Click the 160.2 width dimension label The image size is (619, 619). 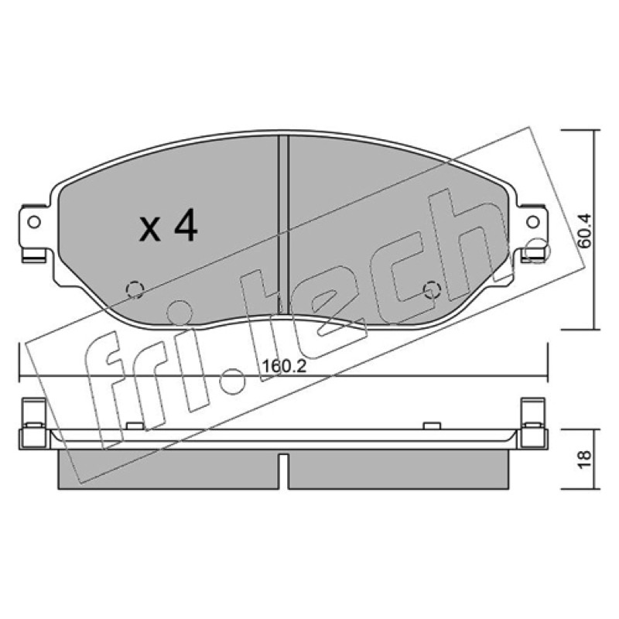tap(284, 366)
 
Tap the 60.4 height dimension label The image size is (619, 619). tap(584, 231)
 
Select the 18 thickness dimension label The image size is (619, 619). tap(584, 460)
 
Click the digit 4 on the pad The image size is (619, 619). tap(185, 225)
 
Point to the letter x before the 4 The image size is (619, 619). tap(150, 231)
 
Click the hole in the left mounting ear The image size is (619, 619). tap(34, 222)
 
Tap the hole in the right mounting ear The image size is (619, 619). tap(533, 222)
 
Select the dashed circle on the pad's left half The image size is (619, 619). tap(135, 289)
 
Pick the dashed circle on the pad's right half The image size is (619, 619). tap(432, 289)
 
